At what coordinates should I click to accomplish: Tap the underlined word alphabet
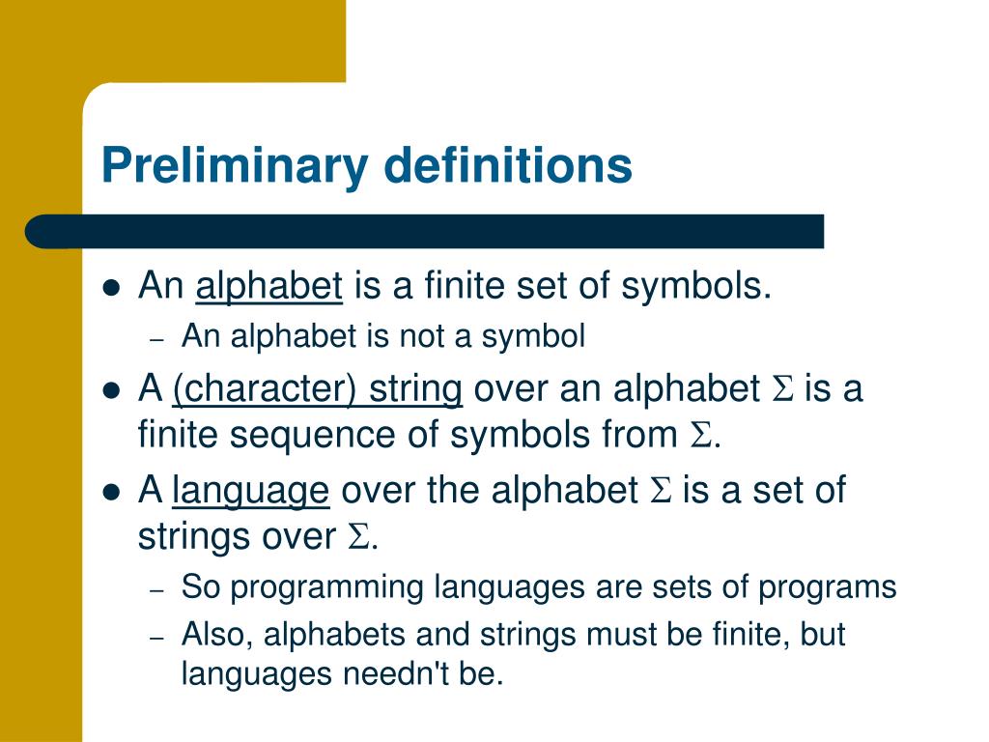(x=268, y=287)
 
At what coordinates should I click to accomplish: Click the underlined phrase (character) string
(x=318, y=389)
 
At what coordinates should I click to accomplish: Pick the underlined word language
(x=250, y=491)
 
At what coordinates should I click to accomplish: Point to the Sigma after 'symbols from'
(x=700, y=437)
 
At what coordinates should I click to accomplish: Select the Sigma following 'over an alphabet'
(x=781, y=389)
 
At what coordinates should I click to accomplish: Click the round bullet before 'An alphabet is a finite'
(x=111, y=288)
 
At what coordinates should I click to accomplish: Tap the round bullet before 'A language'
(x=111, y=492)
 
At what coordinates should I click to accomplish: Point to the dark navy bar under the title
(x=425, y=232)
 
